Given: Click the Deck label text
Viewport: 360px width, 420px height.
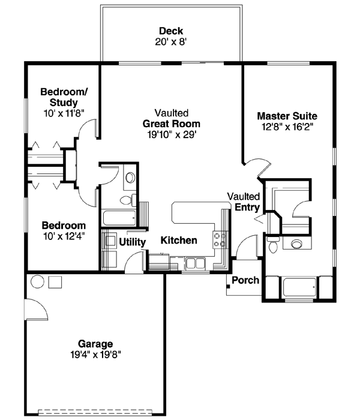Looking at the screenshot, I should click(x=171, y=31).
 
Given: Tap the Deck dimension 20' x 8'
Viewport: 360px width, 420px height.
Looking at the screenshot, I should click(x=171, y=41).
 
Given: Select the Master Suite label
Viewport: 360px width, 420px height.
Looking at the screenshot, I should click(x=287, y=116).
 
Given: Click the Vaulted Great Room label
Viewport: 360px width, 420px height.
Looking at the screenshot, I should click(x=171, y=119).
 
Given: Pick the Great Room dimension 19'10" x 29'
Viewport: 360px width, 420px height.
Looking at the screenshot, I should click(x=171, y=134).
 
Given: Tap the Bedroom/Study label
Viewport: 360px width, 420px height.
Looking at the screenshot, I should click(x=64, y=97).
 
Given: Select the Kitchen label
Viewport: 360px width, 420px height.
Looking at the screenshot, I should click(x=179, y=240).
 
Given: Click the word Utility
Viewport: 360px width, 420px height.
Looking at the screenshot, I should click(x=133, y=242).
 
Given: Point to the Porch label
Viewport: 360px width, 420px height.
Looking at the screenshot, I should click(x=245, y=280).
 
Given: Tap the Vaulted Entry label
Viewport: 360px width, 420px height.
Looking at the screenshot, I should click(x=244, y=202).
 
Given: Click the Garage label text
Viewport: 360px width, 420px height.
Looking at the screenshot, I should click(x=95, y=344).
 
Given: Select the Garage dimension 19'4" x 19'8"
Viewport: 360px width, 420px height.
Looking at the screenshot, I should click(x=95, y=354).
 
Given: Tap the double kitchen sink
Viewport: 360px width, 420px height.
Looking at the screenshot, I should click(x=194, y=262).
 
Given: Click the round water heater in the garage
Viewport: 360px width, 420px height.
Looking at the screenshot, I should click(x=37, y=282).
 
